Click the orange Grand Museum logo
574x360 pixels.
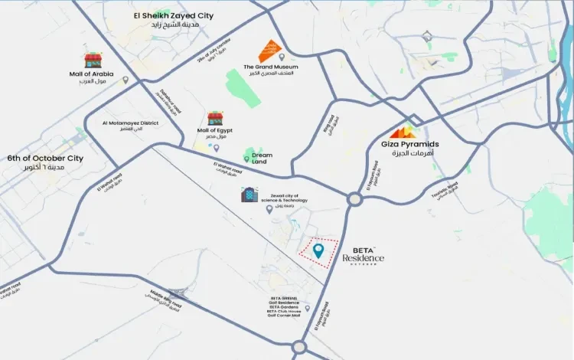pos(269,51)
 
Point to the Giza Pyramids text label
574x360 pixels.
pos(410,143)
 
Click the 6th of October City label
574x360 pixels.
pos(45,159)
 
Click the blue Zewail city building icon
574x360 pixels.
pos(249,195)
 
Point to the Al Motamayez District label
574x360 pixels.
pos(129,123)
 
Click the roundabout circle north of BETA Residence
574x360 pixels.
pos(354,200)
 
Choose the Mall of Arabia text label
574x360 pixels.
pos(91,74)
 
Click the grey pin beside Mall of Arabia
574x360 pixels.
pos(126,80)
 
